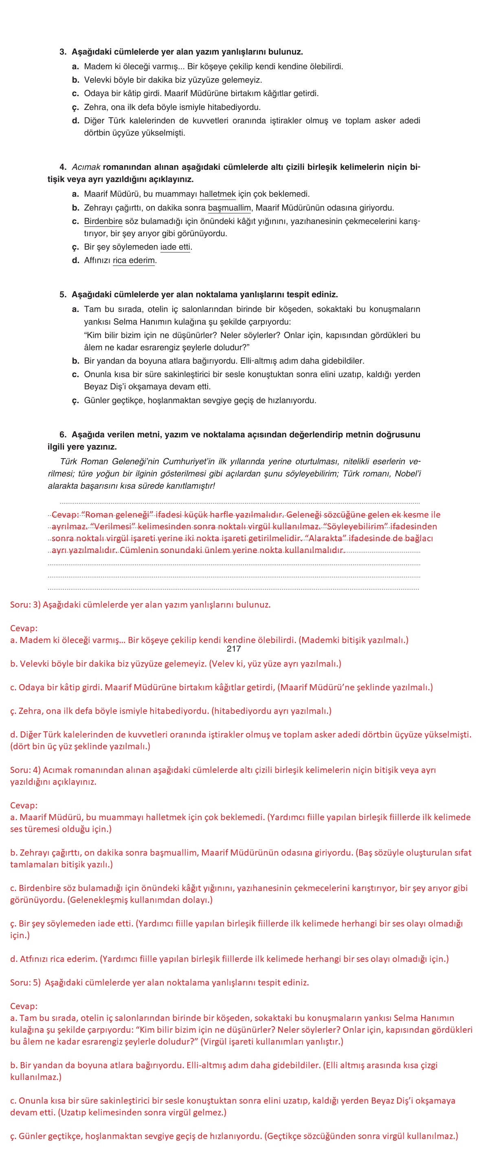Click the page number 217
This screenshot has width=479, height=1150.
(233, 649)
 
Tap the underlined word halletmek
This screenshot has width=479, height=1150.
(218, 194)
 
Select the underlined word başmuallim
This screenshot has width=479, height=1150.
(229, 208)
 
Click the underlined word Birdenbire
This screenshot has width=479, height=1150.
(97, 221)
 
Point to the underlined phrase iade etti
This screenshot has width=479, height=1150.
(176, 247)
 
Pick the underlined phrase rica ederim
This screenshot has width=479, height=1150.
(134, 260)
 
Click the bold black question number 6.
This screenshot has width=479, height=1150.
(62, 435)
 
